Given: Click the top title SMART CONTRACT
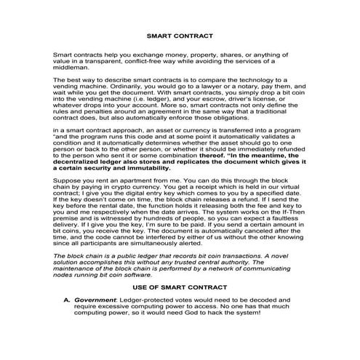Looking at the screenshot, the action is click(x=179, y=34).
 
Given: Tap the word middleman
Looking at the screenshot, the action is click(x=73, y=68).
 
